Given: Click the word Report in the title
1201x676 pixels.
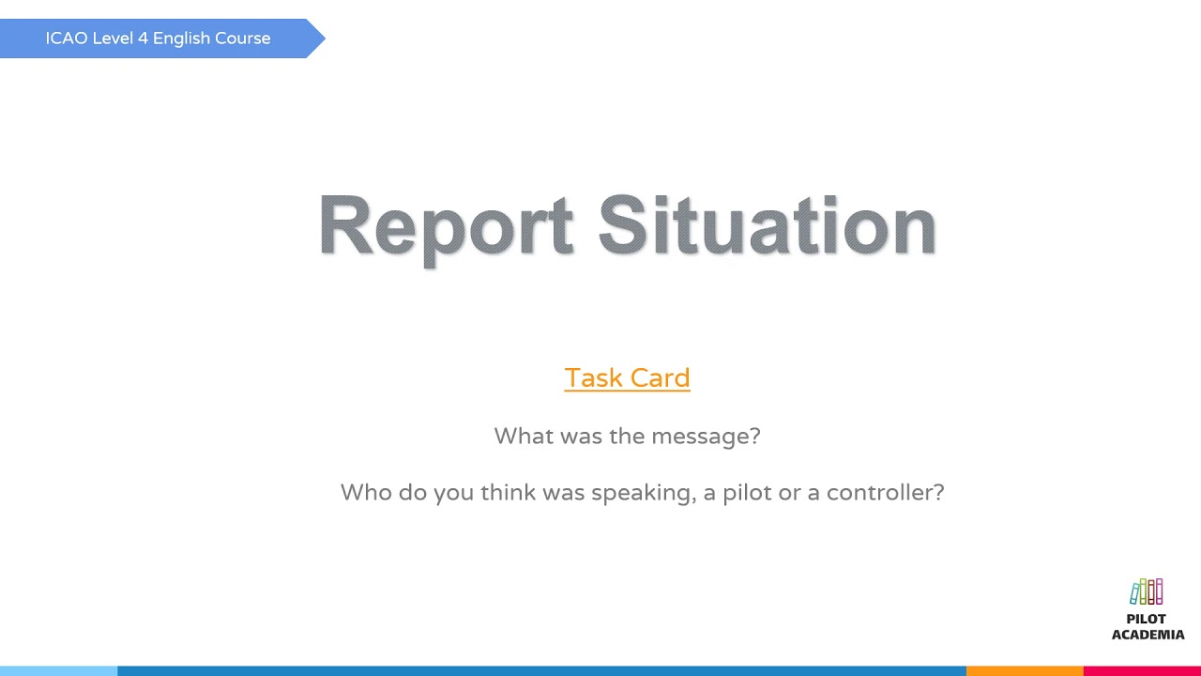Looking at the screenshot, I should (x=446, y=226).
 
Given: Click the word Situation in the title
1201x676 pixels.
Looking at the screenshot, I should (x=767, y=226).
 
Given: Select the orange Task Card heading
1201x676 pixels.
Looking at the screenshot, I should (x=627, y=377).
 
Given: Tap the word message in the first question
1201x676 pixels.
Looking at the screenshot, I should (x=706, y=436).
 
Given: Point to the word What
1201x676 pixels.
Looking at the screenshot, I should (x=523, y=436).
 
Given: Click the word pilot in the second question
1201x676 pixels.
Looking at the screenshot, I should (x=747, y=492).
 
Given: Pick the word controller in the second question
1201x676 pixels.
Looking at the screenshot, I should (x=885, y=492).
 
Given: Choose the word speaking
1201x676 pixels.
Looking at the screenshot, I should (x=645, y=493).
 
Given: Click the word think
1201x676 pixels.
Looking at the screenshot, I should (x=508, y=492).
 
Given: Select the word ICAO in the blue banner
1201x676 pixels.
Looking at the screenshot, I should (x=66, y=38).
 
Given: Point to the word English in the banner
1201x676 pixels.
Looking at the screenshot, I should (x=181, y=38).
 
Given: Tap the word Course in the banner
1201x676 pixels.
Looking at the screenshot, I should (x=243, y=38).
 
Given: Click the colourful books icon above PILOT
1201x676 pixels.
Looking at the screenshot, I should (x=1147, y=591).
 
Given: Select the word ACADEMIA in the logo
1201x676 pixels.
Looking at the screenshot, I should (x=1148, y=635).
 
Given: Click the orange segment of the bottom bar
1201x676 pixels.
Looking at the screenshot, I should (x=1025, y=670).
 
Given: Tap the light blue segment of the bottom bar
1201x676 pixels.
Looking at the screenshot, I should (x=58, y=670).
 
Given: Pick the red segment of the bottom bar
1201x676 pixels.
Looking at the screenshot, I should (x=1142, y=670).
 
